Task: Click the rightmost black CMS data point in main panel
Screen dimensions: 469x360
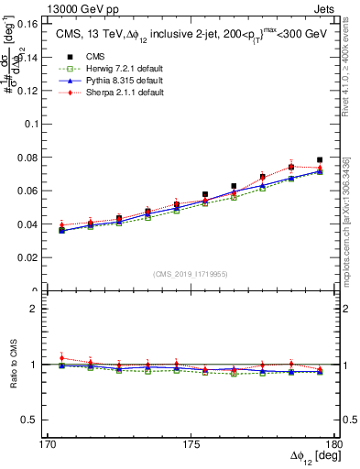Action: pyautogui.click(x=320, y=160)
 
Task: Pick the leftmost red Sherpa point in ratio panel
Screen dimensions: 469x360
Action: pyautogui.click(x=62, y=358)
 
